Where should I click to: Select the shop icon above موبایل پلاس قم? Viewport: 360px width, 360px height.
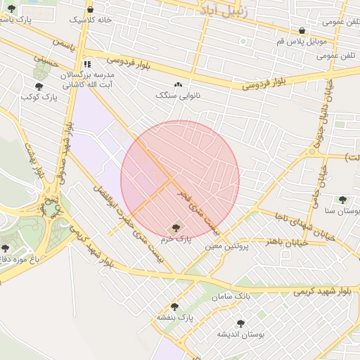coord(302,31)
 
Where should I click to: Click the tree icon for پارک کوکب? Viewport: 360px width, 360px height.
coord(39,86)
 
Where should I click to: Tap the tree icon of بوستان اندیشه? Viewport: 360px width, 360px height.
coord(240,323)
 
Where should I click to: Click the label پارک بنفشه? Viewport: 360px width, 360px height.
coord(175,318)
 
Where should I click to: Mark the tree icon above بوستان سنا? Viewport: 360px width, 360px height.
coord(342,200)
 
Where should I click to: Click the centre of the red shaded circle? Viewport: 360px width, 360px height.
coord(180,180)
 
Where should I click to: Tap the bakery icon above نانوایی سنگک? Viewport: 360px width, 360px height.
coord(176,84)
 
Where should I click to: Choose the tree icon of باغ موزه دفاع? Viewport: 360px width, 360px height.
coord(6,248)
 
